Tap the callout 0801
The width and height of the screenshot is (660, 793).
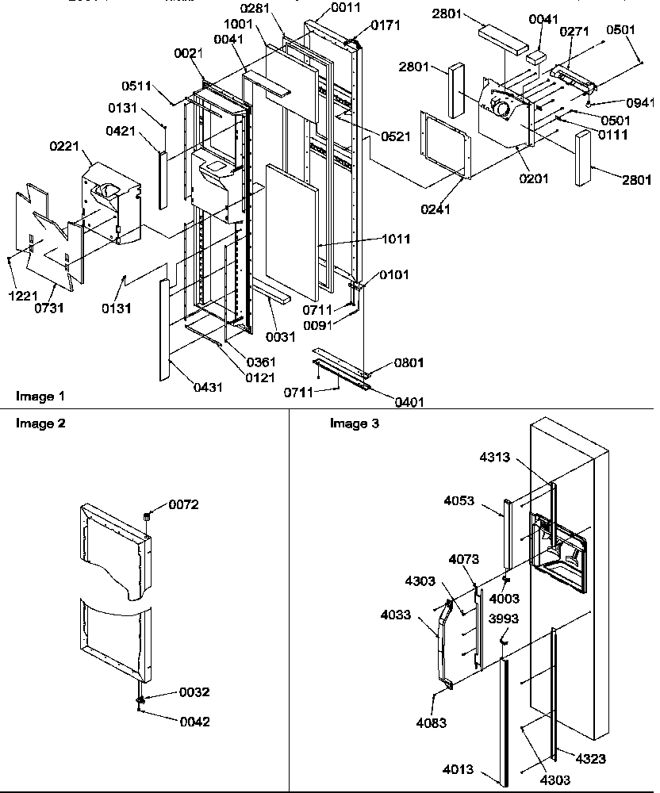[x=409, y=362]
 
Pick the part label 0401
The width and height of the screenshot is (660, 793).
[x=409, y=402]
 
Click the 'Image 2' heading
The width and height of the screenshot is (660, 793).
[x=39, y=423]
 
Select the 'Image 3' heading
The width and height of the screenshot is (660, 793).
[x=354, y=423]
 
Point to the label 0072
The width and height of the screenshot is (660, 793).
[x=183, y=505]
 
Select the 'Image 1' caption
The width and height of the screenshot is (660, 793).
[x=39, y=395]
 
